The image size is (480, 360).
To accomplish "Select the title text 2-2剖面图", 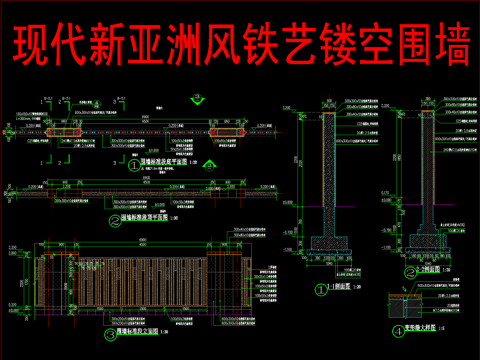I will click(431, 271).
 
